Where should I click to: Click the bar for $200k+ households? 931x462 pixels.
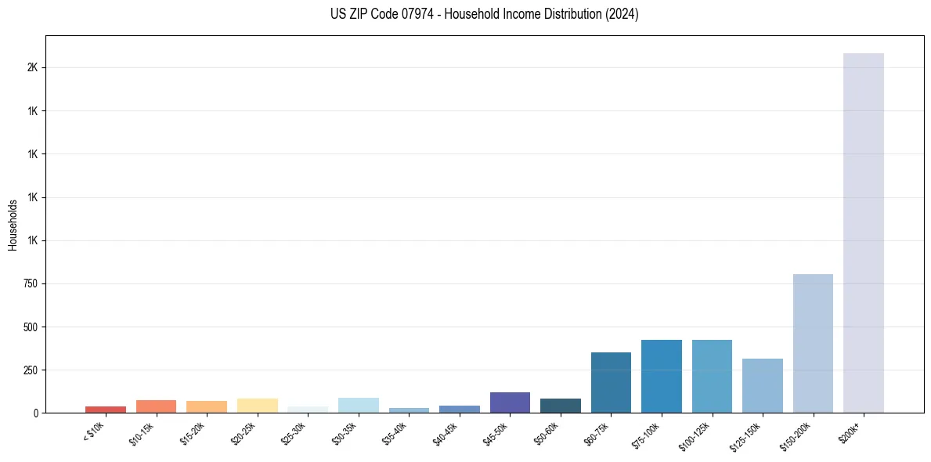[863, 233]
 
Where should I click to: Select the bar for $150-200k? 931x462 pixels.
[813, 343]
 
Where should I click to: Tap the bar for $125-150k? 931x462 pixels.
[762, 385]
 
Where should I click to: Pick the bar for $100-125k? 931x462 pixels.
[712, 376]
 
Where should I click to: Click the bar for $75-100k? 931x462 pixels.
[661, 376]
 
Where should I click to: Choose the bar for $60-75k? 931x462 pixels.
[611, 382]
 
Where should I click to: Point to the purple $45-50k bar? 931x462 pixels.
[510, 402]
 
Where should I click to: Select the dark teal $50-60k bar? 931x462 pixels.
[560, 406]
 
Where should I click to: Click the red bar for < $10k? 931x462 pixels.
[106, 410]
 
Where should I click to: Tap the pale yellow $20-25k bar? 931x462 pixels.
[257, 406]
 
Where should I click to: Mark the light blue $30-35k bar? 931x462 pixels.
[358, 405]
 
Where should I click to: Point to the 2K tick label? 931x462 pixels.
[32, 67]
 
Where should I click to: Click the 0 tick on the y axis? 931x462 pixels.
[35, 413]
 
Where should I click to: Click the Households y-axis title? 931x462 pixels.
[13, 225]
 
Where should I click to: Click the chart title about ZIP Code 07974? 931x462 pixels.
[485, 14]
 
